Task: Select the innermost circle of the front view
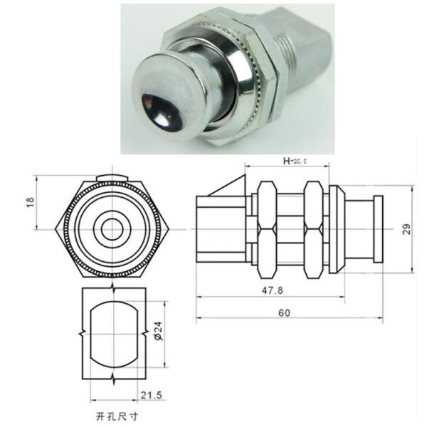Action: pos(112,229)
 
